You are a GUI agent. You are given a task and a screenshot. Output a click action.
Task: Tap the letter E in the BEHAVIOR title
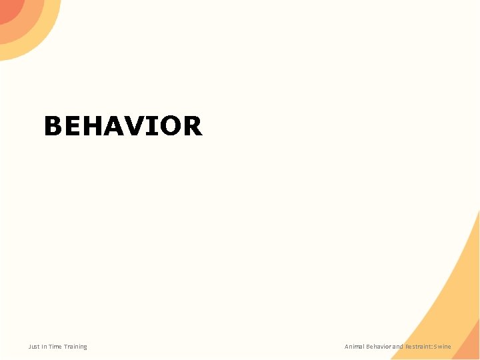73,126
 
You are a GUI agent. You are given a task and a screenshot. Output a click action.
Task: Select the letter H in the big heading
93,126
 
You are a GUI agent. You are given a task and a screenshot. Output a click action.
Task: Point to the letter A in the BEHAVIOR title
114,126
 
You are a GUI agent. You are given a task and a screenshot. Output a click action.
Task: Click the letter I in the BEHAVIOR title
153,126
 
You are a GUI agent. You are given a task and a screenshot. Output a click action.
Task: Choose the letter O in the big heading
169,126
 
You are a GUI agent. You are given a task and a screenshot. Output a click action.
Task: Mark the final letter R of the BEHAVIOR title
192,126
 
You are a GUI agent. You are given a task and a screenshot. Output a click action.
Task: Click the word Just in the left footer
33,347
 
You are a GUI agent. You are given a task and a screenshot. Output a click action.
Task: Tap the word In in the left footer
44,347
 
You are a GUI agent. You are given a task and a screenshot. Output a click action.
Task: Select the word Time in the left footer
55,347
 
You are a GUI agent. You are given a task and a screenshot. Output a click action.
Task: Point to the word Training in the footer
75,347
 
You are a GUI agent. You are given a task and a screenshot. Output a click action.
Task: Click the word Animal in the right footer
354,347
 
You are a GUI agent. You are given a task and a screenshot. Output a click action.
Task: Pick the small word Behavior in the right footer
379,347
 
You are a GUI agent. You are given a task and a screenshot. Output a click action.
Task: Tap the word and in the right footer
398,347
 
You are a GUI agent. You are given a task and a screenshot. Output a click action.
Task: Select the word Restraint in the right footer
419,347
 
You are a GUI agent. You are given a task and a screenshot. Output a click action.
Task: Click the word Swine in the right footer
443,347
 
